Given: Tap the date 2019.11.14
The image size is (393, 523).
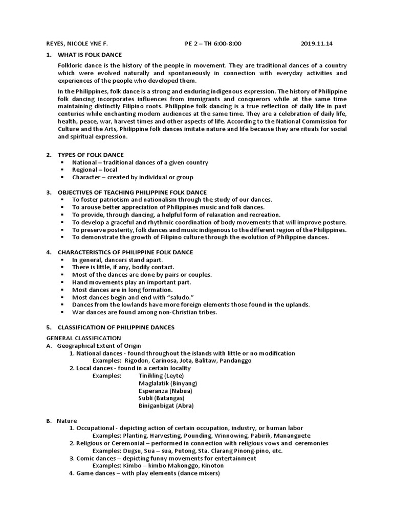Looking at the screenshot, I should coord(316,44).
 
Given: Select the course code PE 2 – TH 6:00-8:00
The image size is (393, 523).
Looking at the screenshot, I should coord(213,44).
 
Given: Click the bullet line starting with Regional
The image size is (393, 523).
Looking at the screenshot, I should coord(95,170).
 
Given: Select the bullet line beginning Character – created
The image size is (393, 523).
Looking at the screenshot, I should coord(133,177).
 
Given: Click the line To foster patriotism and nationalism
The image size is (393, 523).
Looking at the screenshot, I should coord(172,199).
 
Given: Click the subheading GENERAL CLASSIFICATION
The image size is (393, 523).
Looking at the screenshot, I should coord(84,338).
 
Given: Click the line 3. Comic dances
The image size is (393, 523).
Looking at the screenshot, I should coord(163,458).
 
